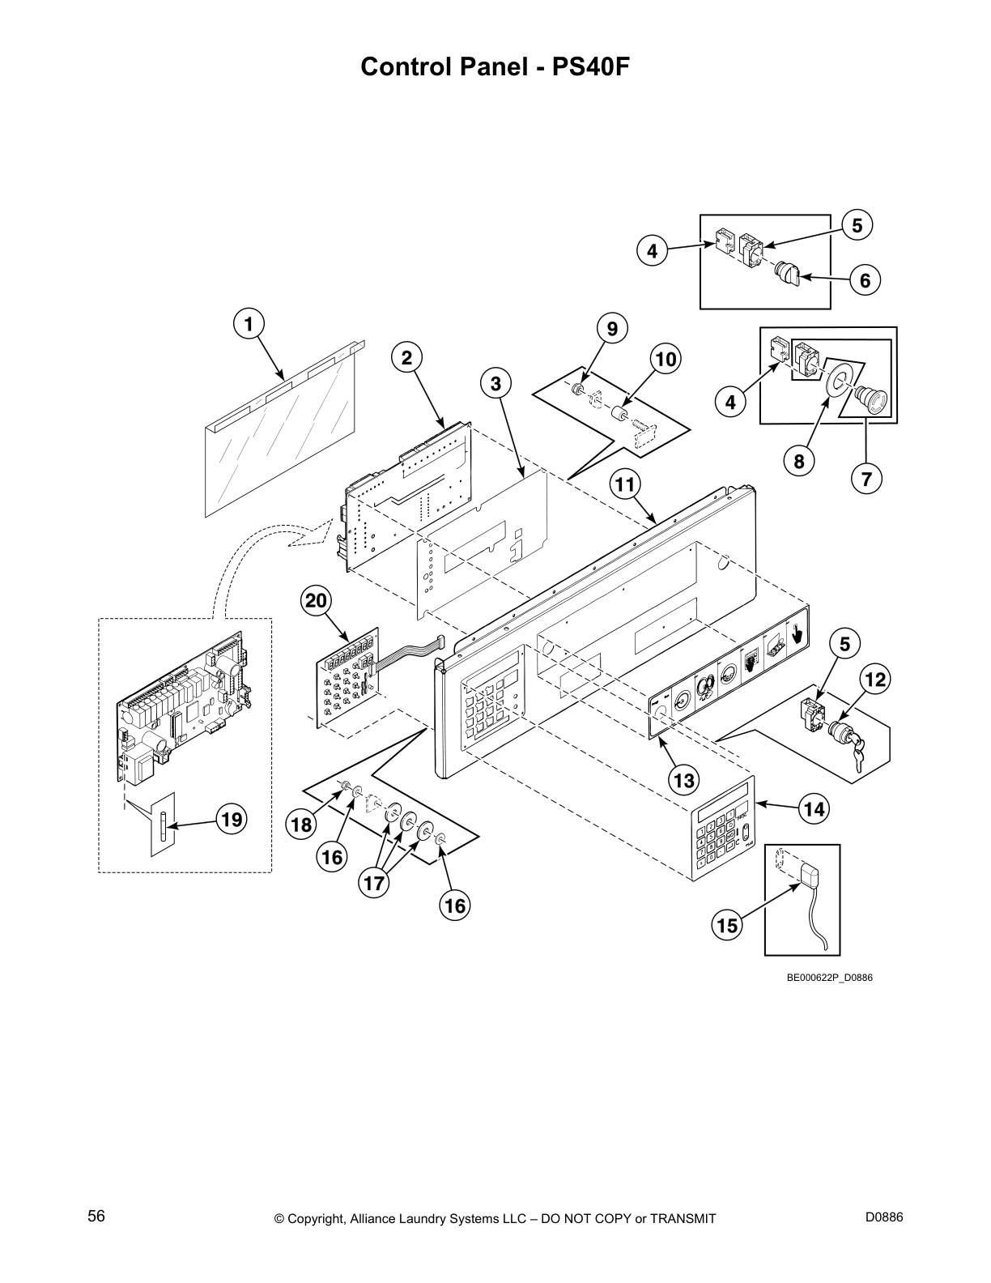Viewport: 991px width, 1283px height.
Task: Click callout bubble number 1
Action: click(x=249, y=324)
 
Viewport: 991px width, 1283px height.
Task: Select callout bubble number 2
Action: click(x=407, y=356)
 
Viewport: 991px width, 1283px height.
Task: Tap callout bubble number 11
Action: click(x=624, y=485)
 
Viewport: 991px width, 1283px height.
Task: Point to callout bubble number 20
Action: click(x=316, y=601)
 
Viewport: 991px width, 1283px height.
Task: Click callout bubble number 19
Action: click(x=232, y=820)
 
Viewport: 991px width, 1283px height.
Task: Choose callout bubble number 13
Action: click(x=684, y=780)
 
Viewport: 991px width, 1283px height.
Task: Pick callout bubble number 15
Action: click(x=728, y=924)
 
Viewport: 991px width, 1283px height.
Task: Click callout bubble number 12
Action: click(x=875, y=678)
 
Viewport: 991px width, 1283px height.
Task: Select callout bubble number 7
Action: click(x=866, y=479)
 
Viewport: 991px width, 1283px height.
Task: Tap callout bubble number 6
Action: click(x=865, y=280)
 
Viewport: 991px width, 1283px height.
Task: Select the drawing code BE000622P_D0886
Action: click(x=829, y=978)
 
